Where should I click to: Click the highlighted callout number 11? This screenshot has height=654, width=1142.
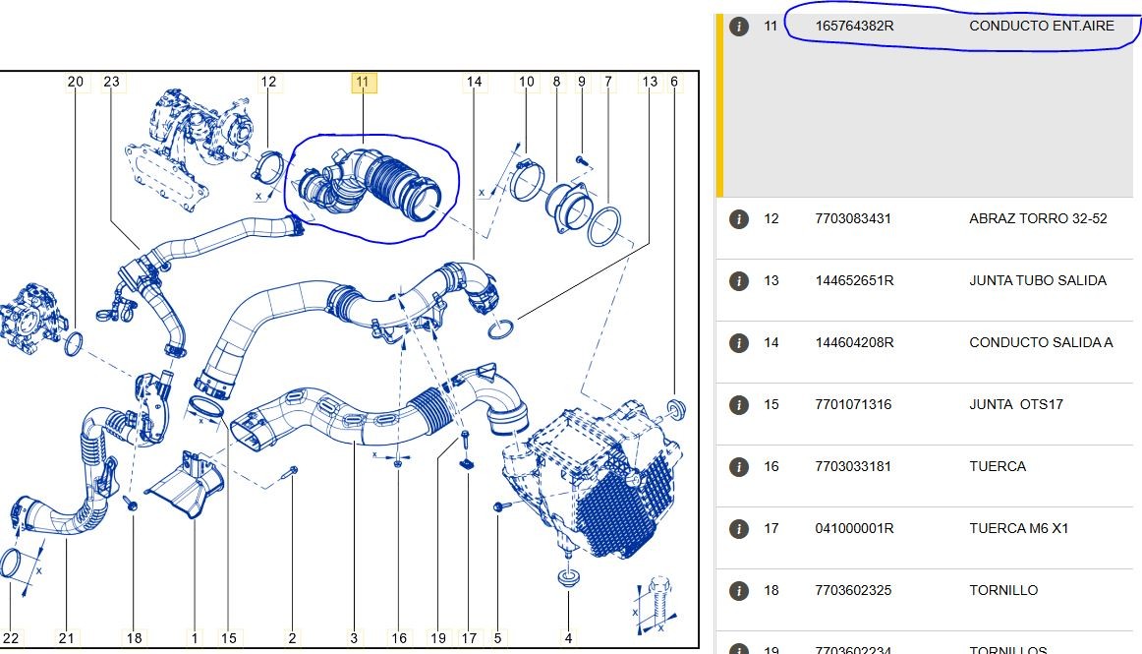tap(364, 83)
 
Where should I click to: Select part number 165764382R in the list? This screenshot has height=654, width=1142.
tap(854, 26)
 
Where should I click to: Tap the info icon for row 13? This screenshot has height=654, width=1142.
tap(738, 280)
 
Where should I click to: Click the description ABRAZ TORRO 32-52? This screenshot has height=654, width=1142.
tap(1038, 218)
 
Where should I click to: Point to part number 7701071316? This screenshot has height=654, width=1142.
tap(853, 404)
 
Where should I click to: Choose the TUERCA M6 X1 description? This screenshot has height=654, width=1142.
tap(1018, 528)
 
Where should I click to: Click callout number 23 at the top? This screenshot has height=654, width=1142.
tap(111, 82)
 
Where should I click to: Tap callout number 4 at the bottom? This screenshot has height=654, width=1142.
tap(568, 638)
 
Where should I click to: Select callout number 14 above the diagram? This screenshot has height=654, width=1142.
tap(474, 82)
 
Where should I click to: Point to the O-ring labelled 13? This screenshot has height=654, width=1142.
tap(500, 328)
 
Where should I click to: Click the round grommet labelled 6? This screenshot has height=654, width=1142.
tap(676, 410)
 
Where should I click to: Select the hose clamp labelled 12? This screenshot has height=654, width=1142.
tap(268, 167)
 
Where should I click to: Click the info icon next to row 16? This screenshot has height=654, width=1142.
tap(738, 466)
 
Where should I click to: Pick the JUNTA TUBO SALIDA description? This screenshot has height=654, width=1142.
tap(1037, 280)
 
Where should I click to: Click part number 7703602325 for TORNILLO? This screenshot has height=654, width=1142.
tap(853, 591)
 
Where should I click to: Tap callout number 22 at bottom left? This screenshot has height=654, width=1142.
tap(11, 638)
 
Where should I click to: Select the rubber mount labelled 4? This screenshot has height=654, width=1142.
tap(568, 578)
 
